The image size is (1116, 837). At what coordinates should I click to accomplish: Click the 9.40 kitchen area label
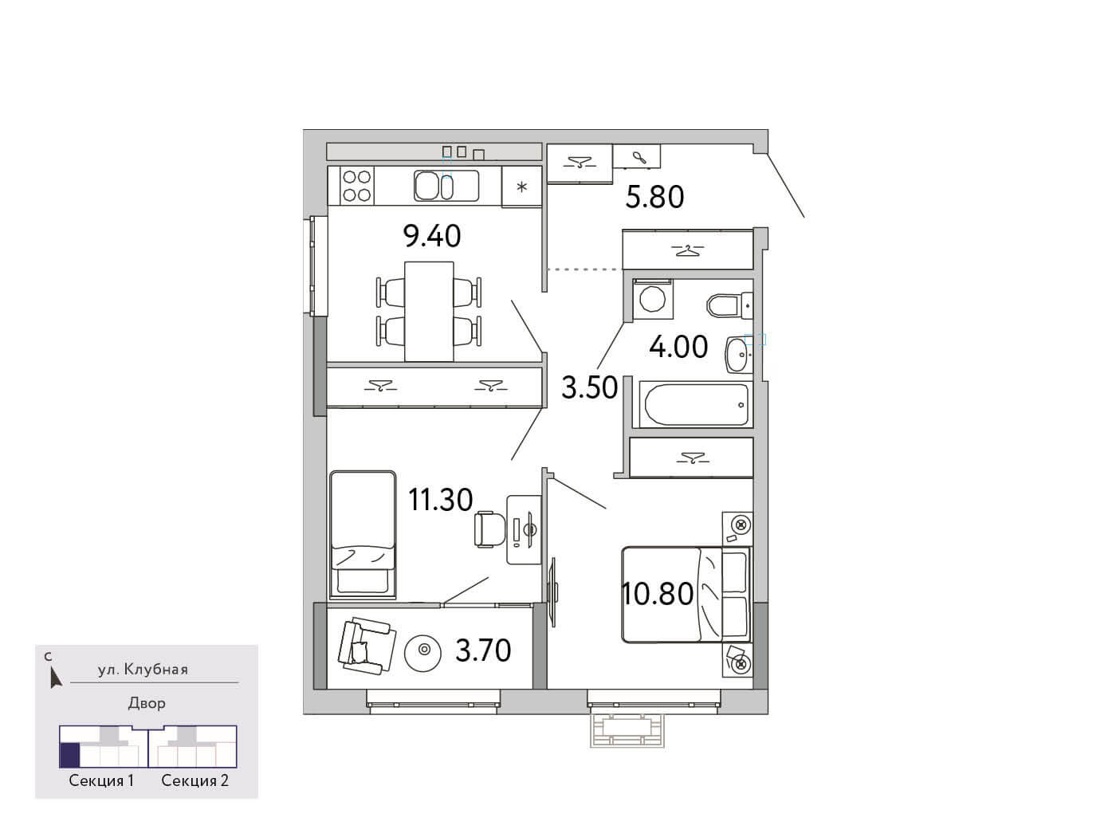tap(432, 236)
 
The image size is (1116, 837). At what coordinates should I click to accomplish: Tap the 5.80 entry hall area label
tap(654, 197)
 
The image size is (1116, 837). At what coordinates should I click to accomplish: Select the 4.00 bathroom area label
tap(678, 347)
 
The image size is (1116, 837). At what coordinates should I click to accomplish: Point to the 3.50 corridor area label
tap(589, 387)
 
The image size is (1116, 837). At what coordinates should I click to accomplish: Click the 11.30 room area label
tap(440, 500)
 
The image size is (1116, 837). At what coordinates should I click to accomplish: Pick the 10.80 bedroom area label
tap(658, 594)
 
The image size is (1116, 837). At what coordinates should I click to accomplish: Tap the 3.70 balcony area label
tap(483, 650)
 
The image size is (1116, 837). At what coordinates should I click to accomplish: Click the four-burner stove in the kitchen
tap(356, 186)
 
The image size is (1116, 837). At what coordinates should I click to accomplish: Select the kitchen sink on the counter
tap(446, 186)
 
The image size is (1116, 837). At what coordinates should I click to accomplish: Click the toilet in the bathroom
tap(729, 305)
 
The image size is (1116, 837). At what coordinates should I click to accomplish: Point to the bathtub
tap(696, 404)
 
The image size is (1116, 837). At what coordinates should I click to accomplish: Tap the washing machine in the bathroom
tap(652, 300)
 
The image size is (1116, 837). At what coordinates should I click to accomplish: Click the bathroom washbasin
tap(738, 355)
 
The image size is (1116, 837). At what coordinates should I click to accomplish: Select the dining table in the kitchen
tap(429, 312)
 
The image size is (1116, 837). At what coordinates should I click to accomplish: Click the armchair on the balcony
tap(367, 646)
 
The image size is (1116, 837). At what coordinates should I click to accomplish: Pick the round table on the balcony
tap(422, 650)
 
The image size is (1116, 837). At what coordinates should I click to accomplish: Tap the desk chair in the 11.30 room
tap(490, 529)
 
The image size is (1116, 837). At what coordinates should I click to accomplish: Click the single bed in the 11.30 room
tap(363, 535)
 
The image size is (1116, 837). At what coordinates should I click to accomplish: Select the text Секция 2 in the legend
tap(195, 780)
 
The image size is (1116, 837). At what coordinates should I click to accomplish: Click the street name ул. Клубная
tap(143, 670)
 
